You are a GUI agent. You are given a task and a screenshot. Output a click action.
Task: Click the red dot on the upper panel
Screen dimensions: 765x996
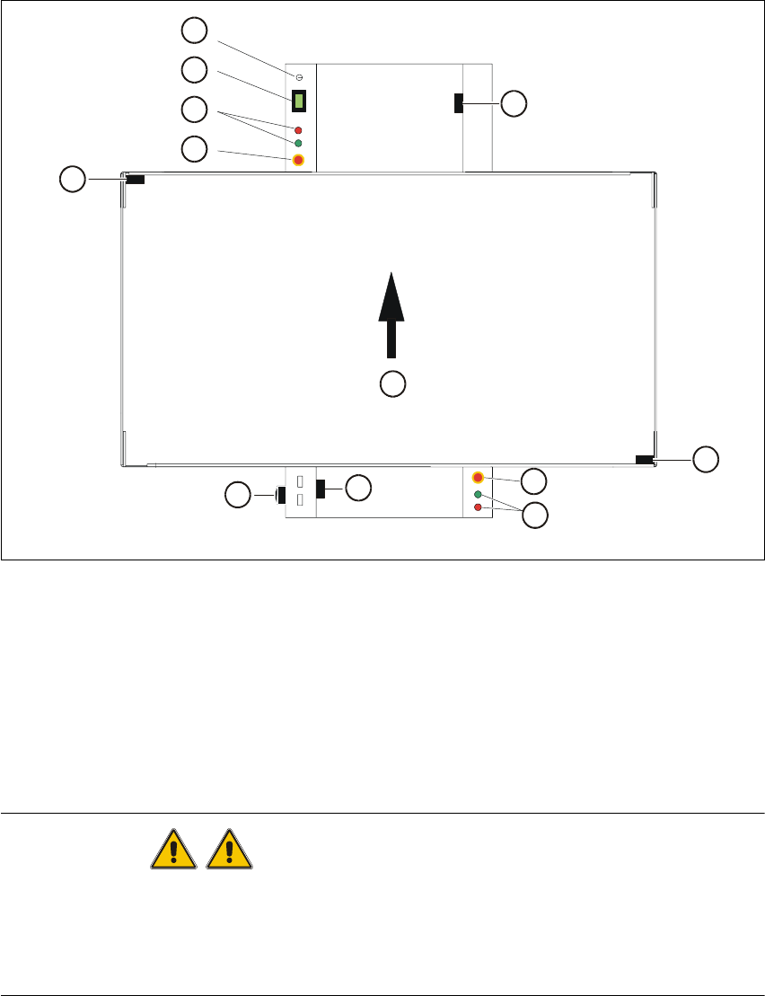pyautogui.click(x=298, y=130)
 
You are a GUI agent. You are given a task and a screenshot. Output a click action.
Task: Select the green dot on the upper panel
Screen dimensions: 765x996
pyautogui.click(x=298, y=144)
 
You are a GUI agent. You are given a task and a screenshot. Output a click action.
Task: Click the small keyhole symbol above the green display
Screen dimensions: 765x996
pyautogui.click(x=299, y=78)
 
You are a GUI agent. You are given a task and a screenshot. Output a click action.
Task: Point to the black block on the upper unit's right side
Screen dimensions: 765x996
pyautogui.click(x=459, y=103)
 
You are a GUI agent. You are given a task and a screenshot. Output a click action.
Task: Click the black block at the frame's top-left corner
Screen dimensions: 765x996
pyautogui.click(x=135, y=180)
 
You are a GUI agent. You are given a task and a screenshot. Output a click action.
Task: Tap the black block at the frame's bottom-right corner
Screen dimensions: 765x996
pyautogui.click(x=644, y=460)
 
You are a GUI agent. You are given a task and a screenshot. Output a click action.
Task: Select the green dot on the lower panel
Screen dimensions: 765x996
pyautogui.click(x=478, y=495)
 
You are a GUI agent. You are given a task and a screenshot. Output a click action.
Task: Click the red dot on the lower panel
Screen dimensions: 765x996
pyautogui.click(x=478, y=507)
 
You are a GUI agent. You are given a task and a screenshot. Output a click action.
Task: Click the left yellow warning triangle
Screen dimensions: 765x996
pyautogui.click(x=172, y=848)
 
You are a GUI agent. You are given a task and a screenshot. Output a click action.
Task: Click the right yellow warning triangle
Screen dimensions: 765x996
pyautogui.click(x=231, y=848)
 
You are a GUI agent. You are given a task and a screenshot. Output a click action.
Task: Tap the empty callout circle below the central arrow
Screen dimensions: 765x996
pyautogui.click(x=392, y=384)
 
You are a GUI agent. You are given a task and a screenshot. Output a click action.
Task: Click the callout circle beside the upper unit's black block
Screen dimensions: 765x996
pyautogui.click(x=514, y=103)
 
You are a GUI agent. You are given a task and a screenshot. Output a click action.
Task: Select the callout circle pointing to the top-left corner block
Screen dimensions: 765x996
pyautogui.click(x=72, y=180)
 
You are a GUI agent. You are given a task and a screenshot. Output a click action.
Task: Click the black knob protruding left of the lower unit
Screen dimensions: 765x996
pyautogui.click(x=280, y=494)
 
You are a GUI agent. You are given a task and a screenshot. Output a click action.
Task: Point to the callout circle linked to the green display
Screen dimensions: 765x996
pyautogui.click(x=193, y=69)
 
